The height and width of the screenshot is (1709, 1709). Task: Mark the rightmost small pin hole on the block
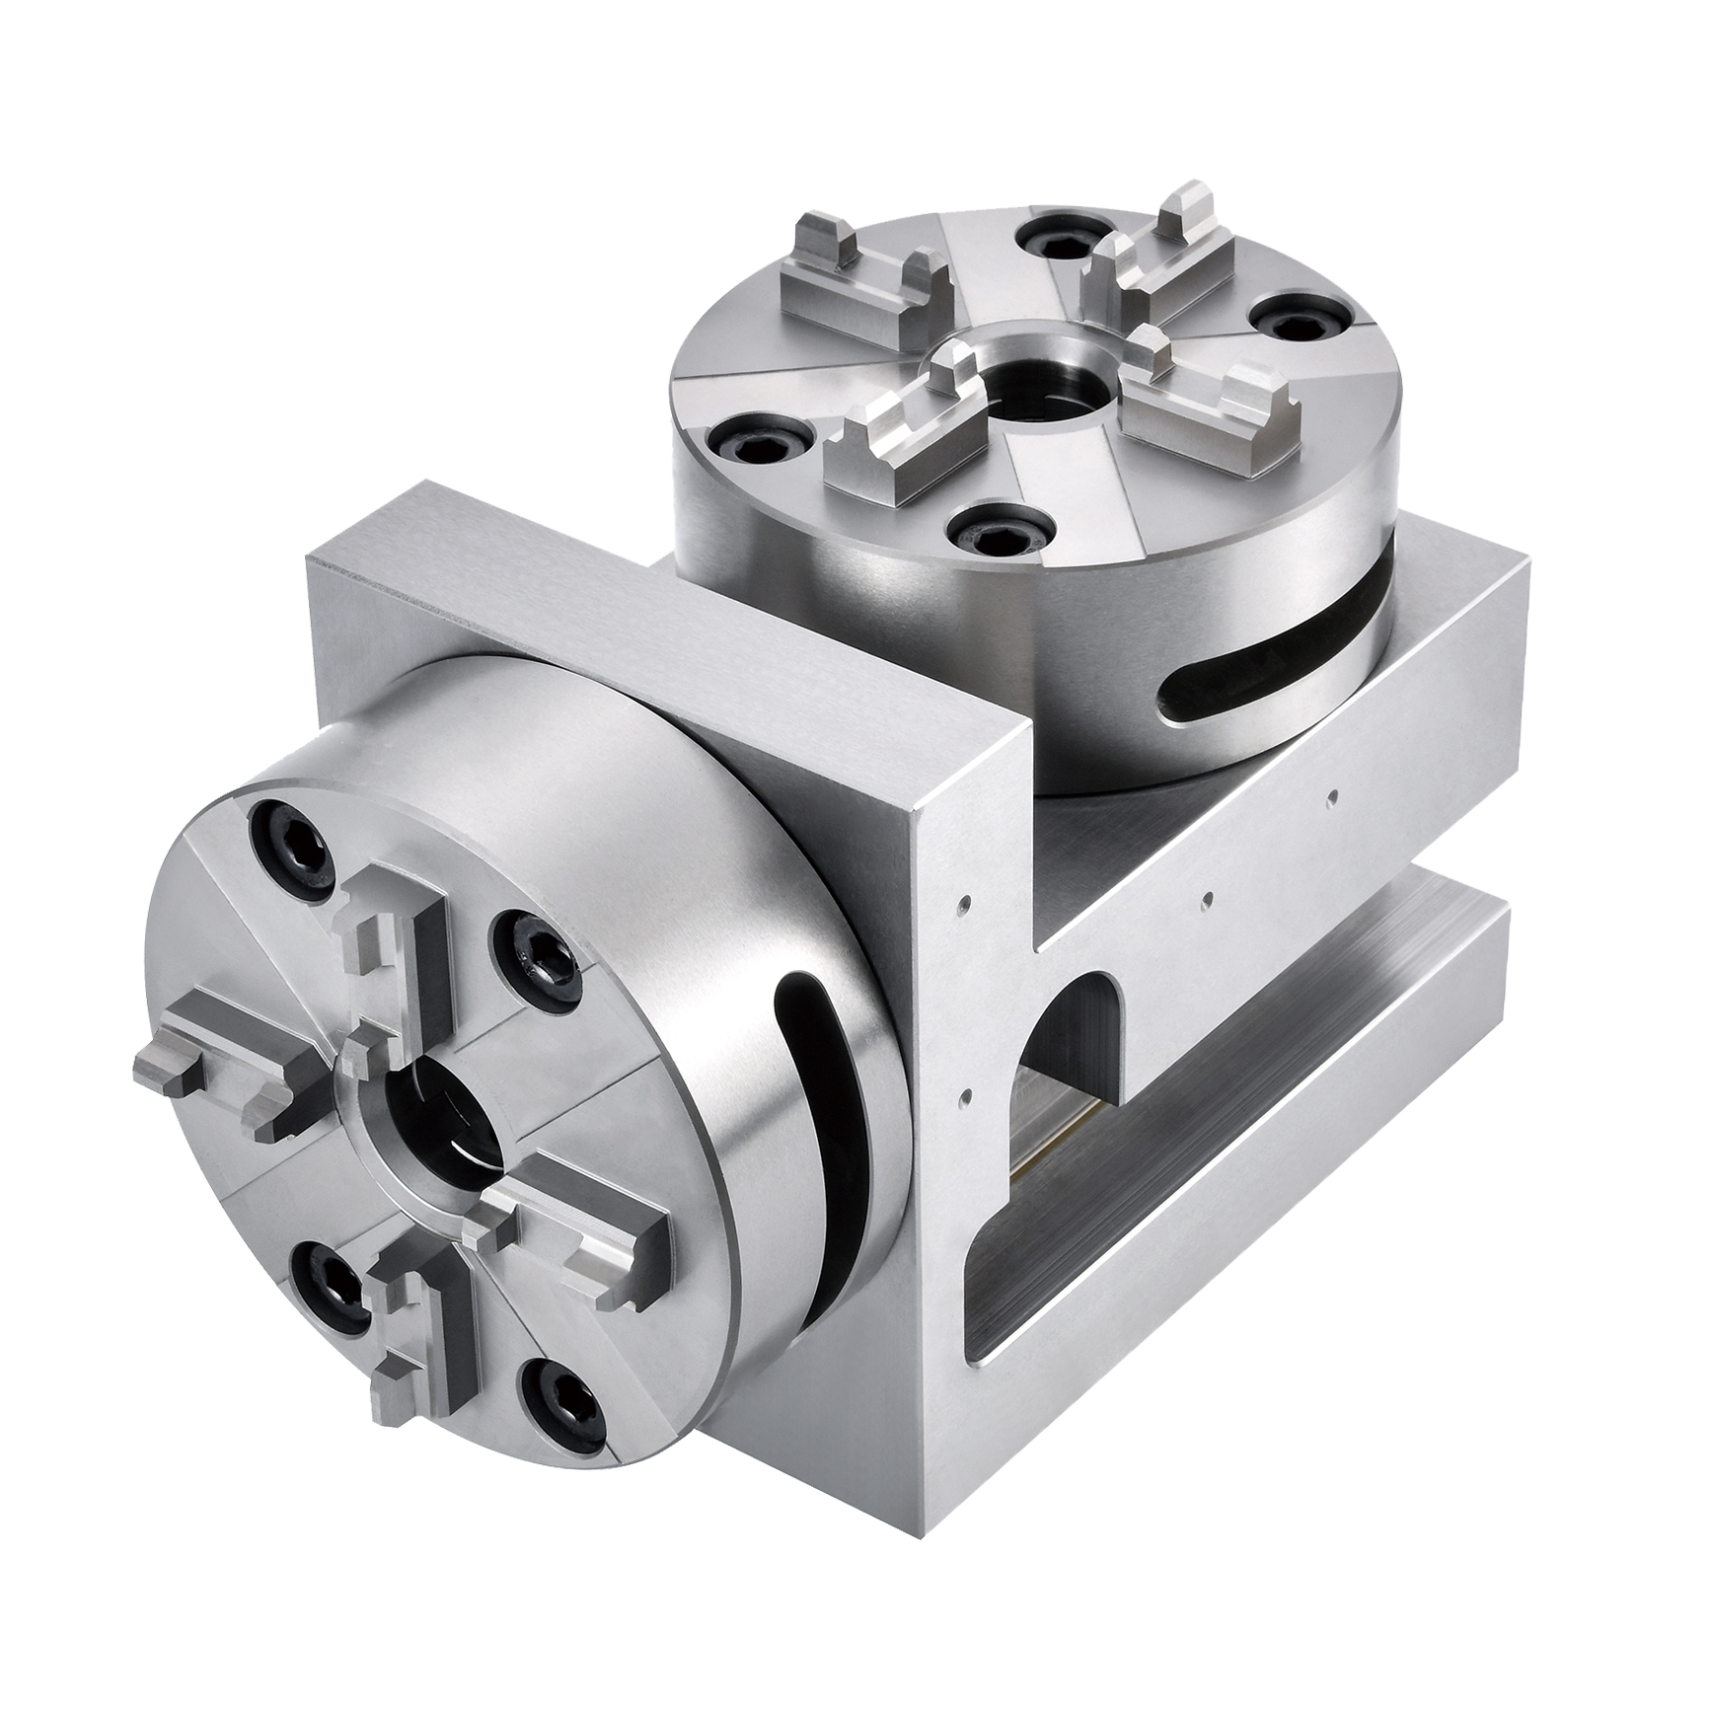coord(1333,792)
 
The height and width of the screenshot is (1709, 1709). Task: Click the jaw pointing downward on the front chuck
coord(412,1337)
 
